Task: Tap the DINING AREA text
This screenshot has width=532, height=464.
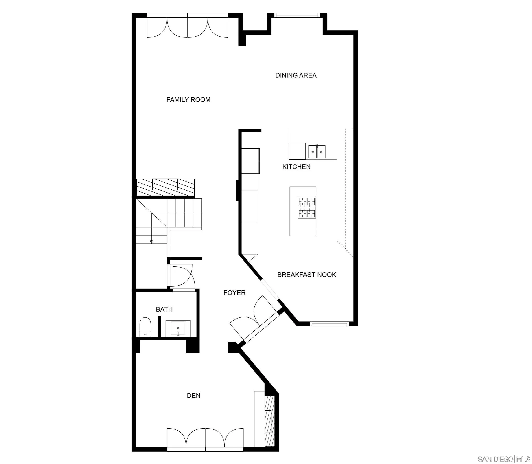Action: point(296,75)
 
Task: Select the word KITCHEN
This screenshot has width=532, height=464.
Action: point(296,167)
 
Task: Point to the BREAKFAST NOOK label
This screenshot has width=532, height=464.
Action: point(307,275)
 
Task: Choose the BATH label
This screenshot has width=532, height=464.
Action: point(164,309)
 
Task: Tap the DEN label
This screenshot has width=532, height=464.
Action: point(194,395)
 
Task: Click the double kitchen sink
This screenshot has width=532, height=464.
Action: point(317,152)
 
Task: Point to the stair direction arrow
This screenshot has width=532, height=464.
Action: point(152,241)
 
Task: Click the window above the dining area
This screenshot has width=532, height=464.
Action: point(297,15)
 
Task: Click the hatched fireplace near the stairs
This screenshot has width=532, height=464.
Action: point(165,187)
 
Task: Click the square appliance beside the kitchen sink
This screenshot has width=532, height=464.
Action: point(297,151)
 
